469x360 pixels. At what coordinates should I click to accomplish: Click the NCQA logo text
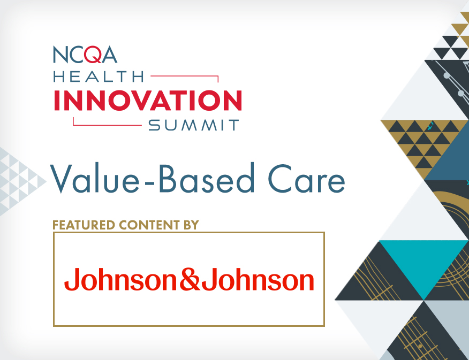point(85,55)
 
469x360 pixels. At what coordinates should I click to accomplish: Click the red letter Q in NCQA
point(93,55)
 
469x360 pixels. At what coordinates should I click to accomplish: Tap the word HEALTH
point(99,76)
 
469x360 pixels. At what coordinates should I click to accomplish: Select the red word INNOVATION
point(148,101)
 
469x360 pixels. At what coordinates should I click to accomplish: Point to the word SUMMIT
point(194,125)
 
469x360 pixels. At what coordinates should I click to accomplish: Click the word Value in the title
point(95,178)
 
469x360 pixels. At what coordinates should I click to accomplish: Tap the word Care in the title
point(306,179)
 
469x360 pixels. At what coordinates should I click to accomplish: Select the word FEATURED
point(84,225)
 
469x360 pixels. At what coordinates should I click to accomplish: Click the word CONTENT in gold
point(149,225)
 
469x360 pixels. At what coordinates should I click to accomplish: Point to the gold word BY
point(191,225)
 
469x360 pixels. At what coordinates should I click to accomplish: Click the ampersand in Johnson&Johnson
point(190,279)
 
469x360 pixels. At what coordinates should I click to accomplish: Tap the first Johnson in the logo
point(122,280)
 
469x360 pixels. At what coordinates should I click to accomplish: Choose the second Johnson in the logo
point(258,280)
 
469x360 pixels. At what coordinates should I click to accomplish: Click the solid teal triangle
point(424,261)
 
